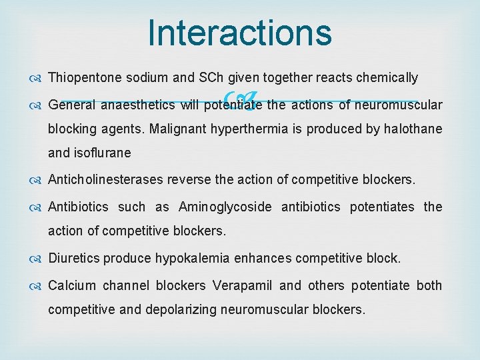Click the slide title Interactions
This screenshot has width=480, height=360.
(240, 33)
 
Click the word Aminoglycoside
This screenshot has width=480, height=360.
(225, 207)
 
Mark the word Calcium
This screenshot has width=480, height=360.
(73, 285)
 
